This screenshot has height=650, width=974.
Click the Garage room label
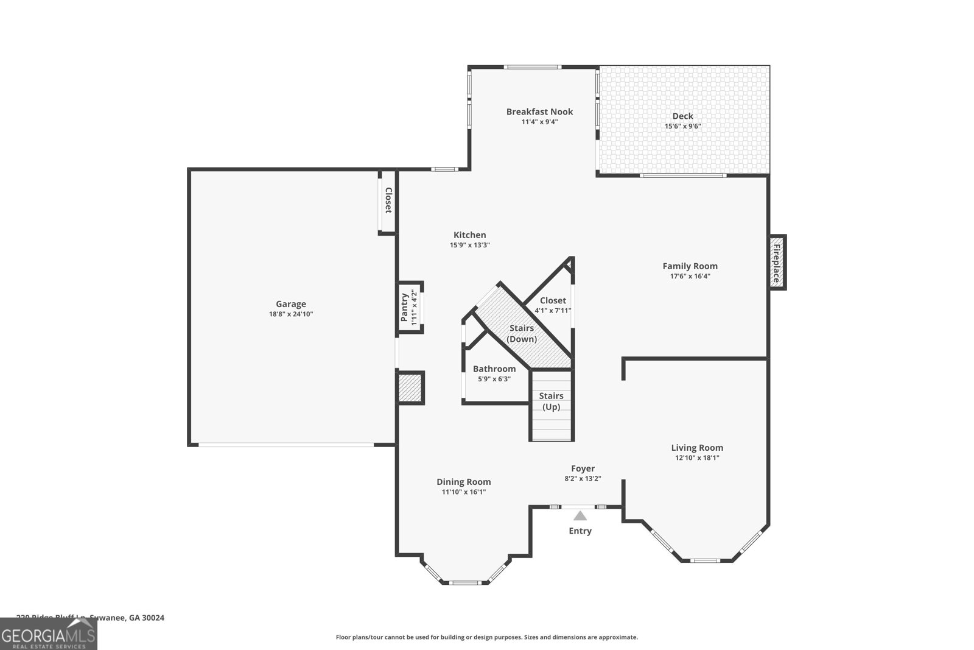point(290,304)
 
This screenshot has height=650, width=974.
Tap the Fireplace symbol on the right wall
point(777,263)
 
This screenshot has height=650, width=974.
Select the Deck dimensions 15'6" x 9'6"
point(682,126)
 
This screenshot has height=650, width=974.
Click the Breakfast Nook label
point(539,111)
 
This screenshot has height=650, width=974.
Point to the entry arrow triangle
point(580,516)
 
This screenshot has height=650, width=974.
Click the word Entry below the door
point(580,531)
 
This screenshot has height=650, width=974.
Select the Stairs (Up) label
point(551,401)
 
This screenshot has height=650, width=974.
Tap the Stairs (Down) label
point(522,333)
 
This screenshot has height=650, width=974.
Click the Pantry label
point(404,308)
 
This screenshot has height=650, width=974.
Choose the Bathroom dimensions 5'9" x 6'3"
point(494,379)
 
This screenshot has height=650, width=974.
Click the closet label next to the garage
point(388,200)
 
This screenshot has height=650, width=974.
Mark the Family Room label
point(690,266)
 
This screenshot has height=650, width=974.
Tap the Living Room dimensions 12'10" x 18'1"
point(697,457)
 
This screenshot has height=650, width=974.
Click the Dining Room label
point(463,482)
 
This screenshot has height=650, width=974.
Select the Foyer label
point(583,468)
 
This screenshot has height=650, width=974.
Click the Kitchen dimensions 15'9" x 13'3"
point(469,245)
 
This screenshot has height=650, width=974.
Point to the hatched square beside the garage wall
point(410,387)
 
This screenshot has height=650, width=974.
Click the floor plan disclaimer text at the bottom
point(486,637)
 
